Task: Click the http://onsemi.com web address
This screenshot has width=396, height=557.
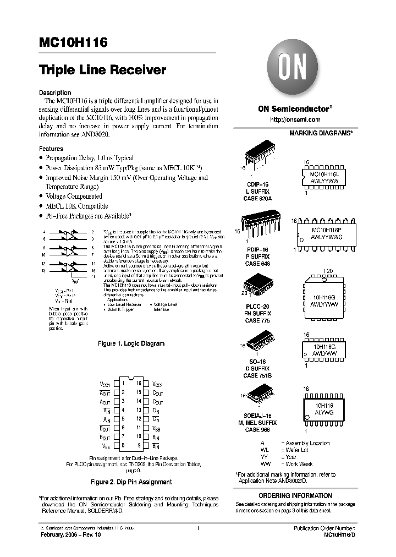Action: (x=295, y=119)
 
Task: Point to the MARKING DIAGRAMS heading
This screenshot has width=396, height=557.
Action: (x=321, y=133)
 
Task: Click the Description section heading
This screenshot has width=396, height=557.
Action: (x=55, y=92)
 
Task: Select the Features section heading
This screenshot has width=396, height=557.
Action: (x=51, y=149)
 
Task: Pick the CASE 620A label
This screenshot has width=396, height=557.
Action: (x=258, y=198)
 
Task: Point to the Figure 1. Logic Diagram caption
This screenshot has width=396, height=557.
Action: (x=131, y=343)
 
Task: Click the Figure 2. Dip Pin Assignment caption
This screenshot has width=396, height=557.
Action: (x=131, y=482)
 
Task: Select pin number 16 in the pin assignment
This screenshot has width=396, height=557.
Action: (x=139, y=384)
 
